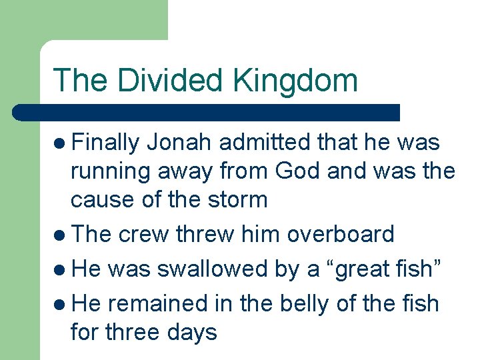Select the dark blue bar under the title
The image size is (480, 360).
(207, 113)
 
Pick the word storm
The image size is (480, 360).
(238, 199)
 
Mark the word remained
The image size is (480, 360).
(155, 303)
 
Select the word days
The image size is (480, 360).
(193, 331)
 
